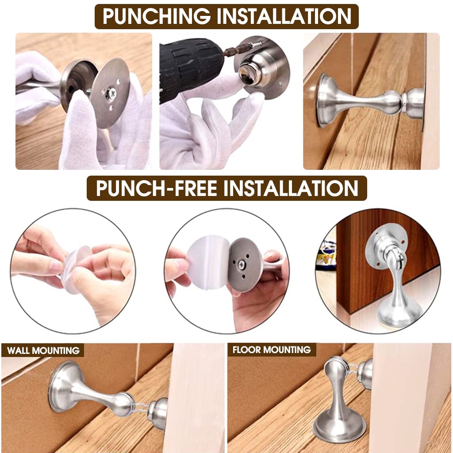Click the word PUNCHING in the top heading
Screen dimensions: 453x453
(x=157, y=16)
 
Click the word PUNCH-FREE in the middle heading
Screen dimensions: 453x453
(x=156, y=188)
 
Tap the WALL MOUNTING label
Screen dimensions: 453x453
(x=43, y=351)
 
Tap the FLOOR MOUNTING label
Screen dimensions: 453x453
(x=272, y=350)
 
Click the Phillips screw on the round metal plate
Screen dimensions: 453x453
(x=111, y=93)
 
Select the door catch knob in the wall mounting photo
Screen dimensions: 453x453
(x=157, y=414)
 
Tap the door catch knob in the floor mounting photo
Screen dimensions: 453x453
(x=365, y=374)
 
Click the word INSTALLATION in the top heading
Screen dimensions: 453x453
(x=284, y=16)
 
